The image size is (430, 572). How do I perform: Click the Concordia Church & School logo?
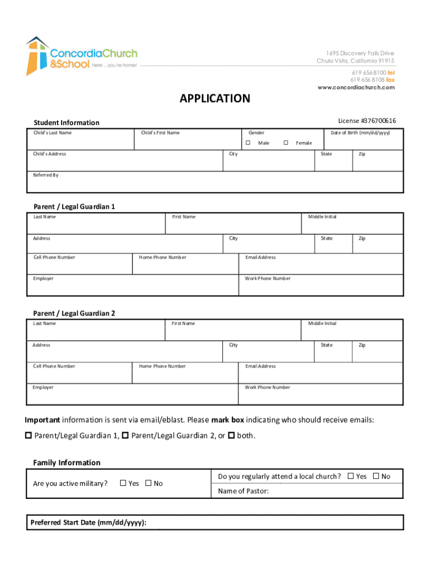pyautogui.click(x=81, y=56)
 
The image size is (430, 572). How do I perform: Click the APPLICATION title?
pyautogui.click(x=215, y=99)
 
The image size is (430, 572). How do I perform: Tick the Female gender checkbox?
pyautogui.click(x=286, y=143)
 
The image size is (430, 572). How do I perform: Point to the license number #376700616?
pyautogui.click(x=367, y=121)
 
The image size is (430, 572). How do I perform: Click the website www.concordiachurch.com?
pyautogui.click(x=356, y=87)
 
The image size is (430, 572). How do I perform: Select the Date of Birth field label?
pyautogui.click(x=360, y=133)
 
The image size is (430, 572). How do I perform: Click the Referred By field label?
pyautogui.click(x=45, y=175)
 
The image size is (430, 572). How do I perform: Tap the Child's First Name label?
pyautogui.click(x=160, y=133)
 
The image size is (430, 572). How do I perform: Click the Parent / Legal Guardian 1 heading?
pyautogui.click(x=74, y=207)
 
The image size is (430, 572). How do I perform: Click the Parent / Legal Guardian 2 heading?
pyautogui.click(x=74, y=313)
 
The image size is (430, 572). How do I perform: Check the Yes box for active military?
pyautogui.click(x=123, y=483)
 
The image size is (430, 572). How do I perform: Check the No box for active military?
pyautogui.click(x=148, y=483)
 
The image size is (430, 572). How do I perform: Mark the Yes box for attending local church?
pyautogui.click(x=351, y=476)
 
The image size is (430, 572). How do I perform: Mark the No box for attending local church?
pyautogui.click(x=376, y=476)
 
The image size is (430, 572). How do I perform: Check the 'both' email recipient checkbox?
pyautogui.click(x=232, y=435)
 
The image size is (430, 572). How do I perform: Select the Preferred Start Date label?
pyautogui.click(x=88, y=523)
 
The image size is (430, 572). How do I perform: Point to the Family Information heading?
pyautogui.click(x=66, y=463)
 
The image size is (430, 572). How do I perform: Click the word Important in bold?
pyautogui.click(x=42, y=420)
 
